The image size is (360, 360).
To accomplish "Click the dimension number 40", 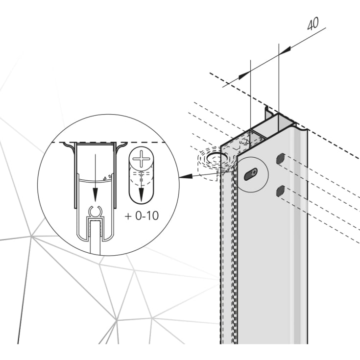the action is pos(313,24).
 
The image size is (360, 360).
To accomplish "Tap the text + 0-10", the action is pos(142,216).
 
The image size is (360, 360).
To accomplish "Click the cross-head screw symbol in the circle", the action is pos(141,159).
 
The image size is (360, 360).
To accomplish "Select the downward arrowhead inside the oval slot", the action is pos(141,195).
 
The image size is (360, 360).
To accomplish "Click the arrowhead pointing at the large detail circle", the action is pos(186,176).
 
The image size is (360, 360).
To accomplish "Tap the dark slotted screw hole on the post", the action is pos(250,174).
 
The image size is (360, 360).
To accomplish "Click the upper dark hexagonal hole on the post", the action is pos(281,159).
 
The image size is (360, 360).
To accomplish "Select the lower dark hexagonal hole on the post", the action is pos(281,191).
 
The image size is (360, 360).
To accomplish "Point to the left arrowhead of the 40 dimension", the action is pos(244,75).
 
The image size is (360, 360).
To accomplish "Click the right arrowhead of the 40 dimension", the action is pos(285,51).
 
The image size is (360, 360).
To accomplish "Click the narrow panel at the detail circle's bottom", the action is pos(96,237).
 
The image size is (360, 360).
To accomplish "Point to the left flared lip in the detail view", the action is pos(70,147).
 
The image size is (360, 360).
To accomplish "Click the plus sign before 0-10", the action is pos(128,216).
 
